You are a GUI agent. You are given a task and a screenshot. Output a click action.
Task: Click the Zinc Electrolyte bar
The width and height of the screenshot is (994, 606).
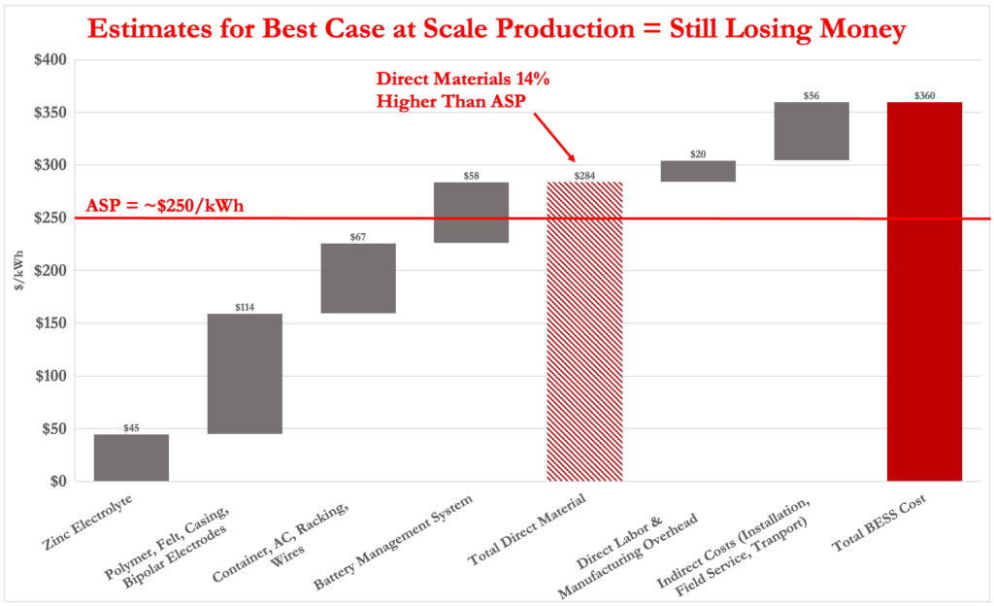pos(131,457)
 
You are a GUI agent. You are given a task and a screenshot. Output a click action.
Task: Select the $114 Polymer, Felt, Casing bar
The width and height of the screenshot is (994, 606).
pos(245,374)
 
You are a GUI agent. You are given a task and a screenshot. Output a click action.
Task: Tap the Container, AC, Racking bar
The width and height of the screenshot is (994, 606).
pos(358,278)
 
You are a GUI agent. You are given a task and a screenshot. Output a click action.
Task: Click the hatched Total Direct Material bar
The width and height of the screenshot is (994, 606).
pos(584,331)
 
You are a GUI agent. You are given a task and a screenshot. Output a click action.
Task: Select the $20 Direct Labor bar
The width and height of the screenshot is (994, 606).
pos(698,171)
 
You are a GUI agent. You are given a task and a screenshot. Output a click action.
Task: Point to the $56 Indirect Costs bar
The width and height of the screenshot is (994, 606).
pos(812,131)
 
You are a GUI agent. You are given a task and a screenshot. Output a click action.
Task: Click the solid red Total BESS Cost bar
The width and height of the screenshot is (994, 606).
pos(924,291)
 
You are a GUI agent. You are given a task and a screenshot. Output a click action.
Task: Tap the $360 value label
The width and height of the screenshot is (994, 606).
pos(924,96)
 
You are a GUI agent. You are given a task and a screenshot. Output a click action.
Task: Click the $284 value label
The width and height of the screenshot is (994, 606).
pos(584,176)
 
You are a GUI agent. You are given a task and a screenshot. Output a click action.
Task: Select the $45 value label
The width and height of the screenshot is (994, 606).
pos(131,427)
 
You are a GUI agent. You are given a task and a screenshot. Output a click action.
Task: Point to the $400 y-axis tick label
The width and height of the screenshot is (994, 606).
pos(49,60)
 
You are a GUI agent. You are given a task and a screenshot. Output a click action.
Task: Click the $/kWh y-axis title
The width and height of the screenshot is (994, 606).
pos(17,271)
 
